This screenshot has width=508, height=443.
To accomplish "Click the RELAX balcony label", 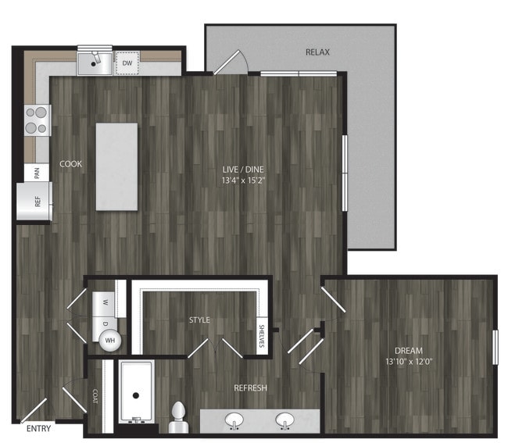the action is (317, 52).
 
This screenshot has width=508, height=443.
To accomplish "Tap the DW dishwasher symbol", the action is (127, 63).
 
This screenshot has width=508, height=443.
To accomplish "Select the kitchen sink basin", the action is (95, 63).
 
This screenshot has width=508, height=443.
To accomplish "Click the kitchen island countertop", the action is (116, 166).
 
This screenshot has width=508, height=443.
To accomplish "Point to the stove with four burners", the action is (38, 120).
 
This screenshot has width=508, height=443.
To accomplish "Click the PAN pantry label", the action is (37, 173).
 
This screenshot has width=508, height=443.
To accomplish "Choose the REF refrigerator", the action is (34, 202).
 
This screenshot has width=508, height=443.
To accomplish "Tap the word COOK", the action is (70, 164).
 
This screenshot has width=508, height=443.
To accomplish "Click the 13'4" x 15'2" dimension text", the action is (243, 180).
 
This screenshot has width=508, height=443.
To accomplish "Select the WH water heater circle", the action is (110, 341).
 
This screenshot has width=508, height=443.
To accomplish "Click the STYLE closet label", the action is (199, 320).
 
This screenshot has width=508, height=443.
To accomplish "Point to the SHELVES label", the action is (262, 336).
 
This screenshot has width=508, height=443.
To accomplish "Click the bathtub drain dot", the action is (136, 395).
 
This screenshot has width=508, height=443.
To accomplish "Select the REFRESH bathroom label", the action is (250, 388).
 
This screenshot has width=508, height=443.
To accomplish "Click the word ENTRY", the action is (38, 428).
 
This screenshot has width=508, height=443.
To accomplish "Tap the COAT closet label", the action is (95, 396).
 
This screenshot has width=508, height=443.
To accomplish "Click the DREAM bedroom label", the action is (409, 351).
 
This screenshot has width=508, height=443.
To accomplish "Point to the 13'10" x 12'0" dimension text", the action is (409, 362).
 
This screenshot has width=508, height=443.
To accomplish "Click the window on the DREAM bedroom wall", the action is (495, 348).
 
